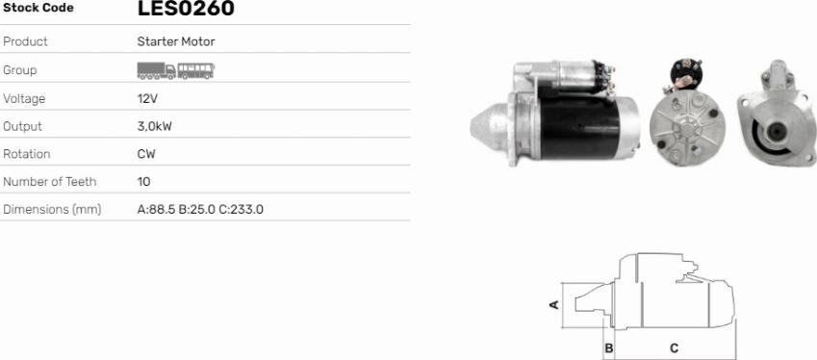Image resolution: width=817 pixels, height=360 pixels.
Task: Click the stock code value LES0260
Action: tap(186, 8)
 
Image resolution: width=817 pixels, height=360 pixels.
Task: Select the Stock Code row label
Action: tap(38, 8)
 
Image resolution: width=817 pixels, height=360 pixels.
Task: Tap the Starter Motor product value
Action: tap(176, 41)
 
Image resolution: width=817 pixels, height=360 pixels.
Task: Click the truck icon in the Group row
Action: tap(156, 71)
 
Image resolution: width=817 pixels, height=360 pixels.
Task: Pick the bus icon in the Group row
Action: tap(196, 71)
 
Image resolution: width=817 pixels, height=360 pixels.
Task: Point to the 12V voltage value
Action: tap(147, 98)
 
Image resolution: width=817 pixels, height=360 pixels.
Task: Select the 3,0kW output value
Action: tap(154, 127)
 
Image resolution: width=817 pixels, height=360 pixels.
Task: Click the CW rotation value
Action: tap(146, 154)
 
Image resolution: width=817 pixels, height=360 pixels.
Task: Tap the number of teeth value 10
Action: tap(143, 182)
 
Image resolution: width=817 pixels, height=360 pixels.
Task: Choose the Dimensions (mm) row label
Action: tap(52, 210)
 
